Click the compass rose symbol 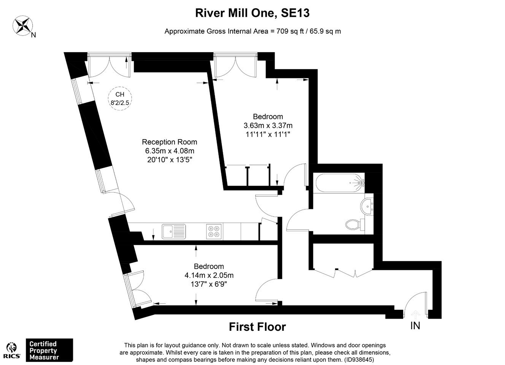click(x=22, y=25)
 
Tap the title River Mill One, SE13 click(x=252, y=13)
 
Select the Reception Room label click(x=170, y=142)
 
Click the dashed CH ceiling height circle click(x=120, y=87)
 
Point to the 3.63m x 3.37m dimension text click(x=268, y=125)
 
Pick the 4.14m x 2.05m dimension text click(x=209, y=275)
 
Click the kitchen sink click(x=173, y=232)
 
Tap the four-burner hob click(x=214, y=232)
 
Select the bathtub click(x=340, y=183)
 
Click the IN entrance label click(x=415, y=325)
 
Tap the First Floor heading click(x=257, y=327)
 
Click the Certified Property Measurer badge click(x=49, y=350)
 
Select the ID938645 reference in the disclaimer click(x=359, y=359)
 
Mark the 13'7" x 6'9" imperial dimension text click(x=209, y=284)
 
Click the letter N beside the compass click(x=33, y=35)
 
